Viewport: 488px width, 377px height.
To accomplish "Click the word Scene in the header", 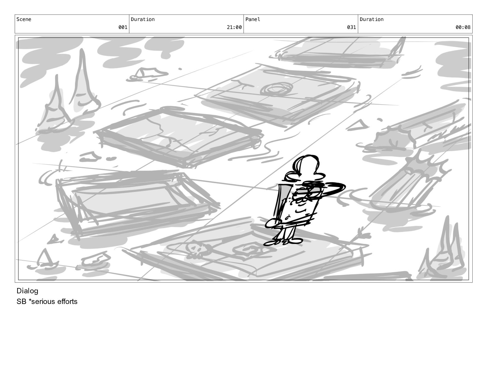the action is click(x=24, y=19).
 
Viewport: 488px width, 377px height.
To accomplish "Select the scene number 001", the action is click(x=123, y=27).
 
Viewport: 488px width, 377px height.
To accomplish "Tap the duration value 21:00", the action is click(x=234, y=27).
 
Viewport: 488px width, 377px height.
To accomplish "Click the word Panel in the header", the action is click(x=253, y=19).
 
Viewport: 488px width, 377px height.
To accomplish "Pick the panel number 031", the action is click(x=351, y=27).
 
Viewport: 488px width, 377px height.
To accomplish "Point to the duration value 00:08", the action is click(x=463, y=27).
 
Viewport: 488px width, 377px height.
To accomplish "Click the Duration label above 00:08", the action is click(x=371, y=19).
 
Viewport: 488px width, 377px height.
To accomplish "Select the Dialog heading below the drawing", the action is click(x=28, y=291).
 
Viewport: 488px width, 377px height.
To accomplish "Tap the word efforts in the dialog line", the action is click(x=67, y=301).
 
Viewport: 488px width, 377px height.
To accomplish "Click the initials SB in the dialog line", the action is click(x=21, y=301).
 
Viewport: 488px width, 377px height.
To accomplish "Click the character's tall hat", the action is click(x=306, y=167).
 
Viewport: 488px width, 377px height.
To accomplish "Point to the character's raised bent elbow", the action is click(x=341, y=187).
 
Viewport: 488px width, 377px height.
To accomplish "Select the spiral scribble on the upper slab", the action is click(x=277, y=89).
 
